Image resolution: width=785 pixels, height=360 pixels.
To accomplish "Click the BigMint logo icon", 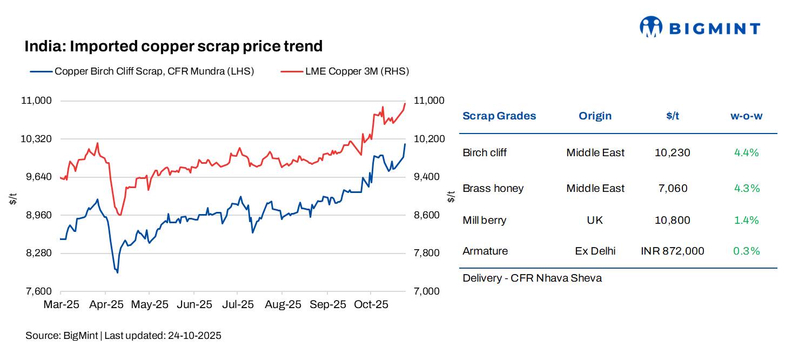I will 651,26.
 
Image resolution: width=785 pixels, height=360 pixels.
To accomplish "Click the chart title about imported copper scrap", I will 173,46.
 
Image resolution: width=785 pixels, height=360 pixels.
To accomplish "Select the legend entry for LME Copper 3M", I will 344,71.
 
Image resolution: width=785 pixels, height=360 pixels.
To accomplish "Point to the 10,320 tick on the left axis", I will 36,139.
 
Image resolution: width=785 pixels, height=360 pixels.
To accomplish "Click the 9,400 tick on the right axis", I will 426,177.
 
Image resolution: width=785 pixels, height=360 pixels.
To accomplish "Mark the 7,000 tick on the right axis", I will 426,291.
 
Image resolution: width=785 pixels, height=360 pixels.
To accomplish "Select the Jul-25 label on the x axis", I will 237,305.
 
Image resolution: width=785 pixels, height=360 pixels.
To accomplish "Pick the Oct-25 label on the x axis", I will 371,305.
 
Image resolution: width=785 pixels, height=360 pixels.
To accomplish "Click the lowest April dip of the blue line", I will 117,272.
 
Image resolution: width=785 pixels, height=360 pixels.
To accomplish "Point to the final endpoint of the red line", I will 405,103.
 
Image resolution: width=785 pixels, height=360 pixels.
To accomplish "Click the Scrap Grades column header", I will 499,116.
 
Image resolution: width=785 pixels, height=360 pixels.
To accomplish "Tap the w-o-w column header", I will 746,116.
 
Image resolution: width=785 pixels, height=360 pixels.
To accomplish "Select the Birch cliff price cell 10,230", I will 672,152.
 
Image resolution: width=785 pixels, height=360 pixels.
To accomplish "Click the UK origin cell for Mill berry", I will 595,220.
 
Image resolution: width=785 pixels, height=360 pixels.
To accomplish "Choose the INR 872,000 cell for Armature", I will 672,251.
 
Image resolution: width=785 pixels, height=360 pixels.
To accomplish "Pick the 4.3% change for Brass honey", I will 747,188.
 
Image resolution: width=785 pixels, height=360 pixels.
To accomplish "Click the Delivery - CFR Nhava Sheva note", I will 532,278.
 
